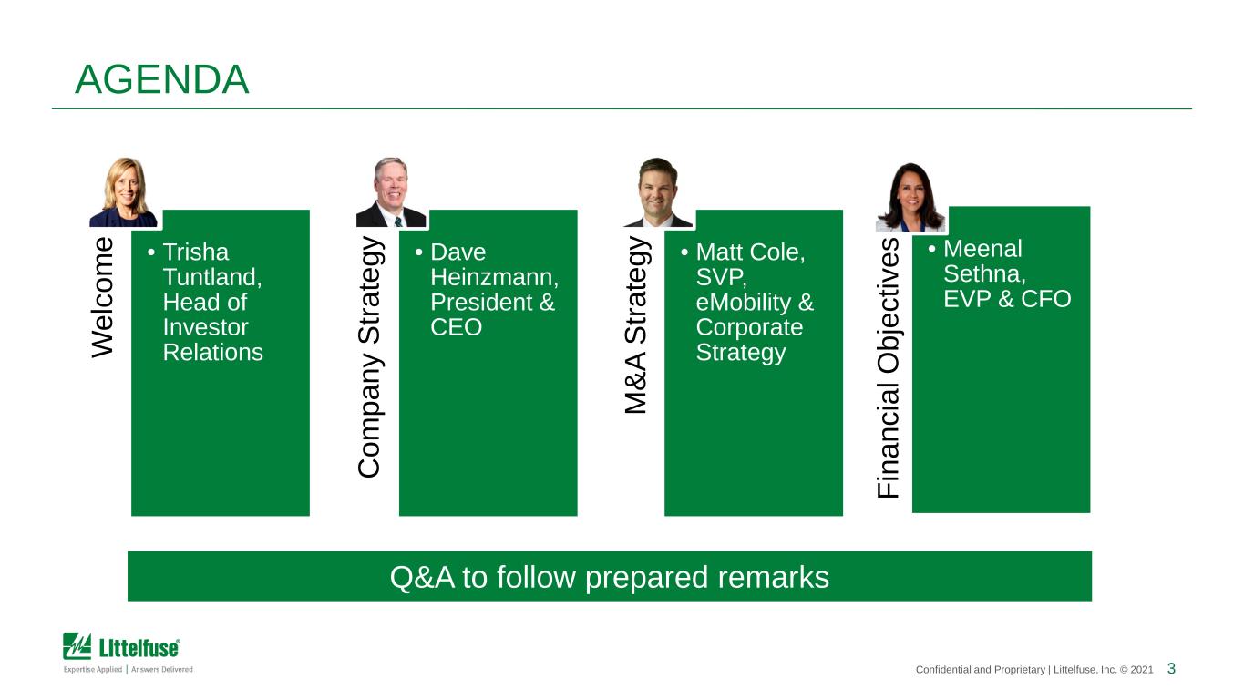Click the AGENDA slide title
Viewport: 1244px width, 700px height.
pyautogui.click(x=161, y=79)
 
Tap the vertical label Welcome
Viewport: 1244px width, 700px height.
pyautogui.click(x=103, y=298)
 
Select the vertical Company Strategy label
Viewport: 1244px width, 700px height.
pyautogui.click(x=369, y=357)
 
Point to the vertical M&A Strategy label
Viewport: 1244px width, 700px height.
pyautogui.click(x=636, y=325)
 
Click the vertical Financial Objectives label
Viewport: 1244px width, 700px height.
pyautogui.click(x=889, y=368)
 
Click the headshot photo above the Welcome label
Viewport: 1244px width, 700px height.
pyautogui.click(x=124, y=192)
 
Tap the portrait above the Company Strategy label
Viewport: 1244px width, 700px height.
pyautogui.click(x=391, y=192)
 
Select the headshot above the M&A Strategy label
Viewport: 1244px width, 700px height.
pyautogui.click(x=659, y=192)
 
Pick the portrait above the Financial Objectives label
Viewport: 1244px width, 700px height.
pyautogui.click(x=910, y=197)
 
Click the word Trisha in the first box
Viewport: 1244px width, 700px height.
pyautogui.click(x=195, y=252)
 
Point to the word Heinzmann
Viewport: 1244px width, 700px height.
pyautogui.click(x=494, y=277)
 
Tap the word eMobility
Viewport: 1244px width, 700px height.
pyautogui.click(x=744, y=303)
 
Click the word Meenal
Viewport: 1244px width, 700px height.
pyautogui.click(x=982, y=249)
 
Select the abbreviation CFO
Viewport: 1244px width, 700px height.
pyautogui.click(x=1045, y=299)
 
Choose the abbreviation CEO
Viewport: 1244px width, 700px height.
pyautogui.click(x=456, y=327)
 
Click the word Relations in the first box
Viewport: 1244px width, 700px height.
pyautogui.click(x=212, y=352)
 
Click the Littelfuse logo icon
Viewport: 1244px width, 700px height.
pyautogui.click(x=77, y=645)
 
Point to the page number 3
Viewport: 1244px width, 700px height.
pyautogui.click(x=1171, y=668)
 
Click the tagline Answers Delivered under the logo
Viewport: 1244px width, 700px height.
pyautogui.click(x=162, y=669)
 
